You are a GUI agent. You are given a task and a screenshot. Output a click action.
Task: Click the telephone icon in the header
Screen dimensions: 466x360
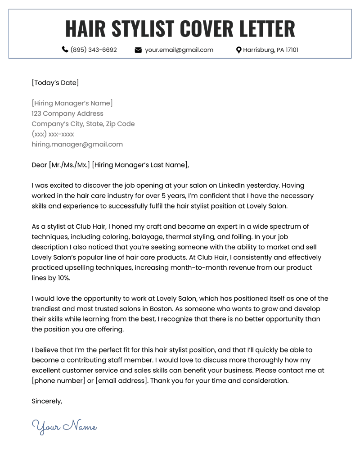(x=65, y=50)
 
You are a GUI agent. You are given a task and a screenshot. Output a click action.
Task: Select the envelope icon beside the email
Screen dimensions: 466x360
(x=138, y=50)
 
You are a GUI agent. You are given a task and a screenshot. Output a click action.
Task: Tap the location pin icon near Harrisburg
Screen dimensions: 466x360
(x=238, y=50)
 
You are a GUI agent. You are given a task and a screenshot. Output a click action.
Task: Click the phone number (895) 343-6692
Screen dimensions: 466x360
(x=94, y=50)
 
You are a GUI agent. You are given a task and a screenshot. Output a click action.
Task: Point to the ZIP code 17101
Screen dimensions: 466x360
(x=289, y=50)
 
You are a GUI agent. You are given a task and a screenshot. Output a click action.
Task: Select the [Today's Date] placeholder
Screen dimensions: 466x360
(x=55, y=83)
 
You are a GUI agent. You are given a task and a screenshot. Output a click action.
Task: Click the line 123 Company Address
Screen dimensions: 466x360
(x=67, y=114)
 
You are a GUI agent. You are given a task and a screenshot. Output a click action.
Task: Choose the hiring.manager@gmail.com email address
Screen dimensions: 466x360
(x=77, y=145)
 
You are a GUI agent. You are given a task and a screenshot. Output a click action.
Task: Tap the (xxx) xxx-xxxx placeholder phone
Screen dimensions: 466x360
(x=53, y=134)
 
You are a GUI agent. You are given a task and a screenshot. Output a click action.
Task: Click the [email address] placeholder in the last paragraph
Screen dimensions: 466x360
(x=121, y=381)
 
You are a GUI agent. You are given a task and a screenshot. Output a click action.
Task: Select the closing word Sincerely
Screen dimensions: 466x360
(x=47, y=401)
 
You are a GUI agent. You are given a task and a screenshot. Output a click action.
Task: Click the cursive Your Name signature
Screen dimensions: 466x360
(x=64, y=426)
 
